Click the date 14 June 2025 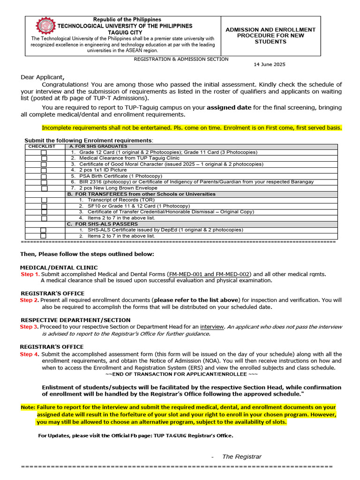269,65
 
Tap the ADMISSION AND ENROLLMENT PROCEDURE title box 270,36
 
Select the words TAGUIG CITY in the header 124,32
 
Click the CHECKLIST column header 42,147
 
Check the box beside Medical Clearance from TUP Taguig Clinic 44,158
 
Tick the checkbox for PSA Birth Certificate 44,176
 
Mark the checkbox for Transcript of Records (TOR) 44,200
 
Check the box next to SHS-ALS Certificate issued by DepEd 44,230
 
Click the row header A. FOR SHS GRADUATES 98,147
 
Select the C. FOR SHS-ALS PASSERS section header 103,224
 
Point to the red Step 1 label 30,274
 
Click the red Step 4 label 29,354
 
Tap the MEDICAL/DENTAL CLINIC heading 59,268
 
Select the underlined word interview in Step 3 212,327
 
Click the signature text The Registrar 241,457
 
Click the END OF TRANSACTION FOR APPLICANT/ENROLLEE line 181,375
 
